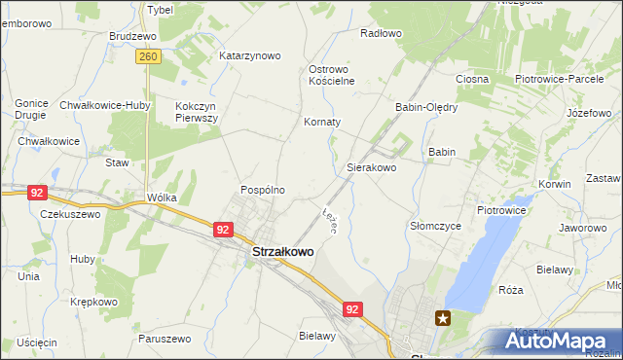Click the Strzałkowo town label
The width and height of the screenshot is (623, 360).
coord(283,252)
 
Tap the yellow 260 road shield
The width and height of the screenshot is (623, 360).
coord(148,58)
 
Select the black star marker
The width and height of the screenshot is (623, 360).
coord(443,317)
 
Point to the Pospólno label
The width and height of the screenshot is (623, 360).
coord(263,190)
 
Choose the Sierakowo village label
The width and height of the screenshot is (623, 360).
coord(372,167)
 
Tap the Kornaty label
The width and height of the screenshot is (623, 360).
coord(322,123)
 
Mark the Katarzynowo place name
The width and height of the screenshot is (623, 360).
coord(249,55)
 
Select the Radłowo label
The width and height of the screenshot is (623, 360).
coord(381,33)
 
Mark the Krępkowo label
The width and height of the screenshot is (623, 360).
coord(93,302)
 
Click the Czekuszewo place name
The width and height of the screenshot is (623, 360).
coord(70,214)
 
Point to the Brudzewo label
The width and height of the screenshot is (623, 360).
coord(133,35)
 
